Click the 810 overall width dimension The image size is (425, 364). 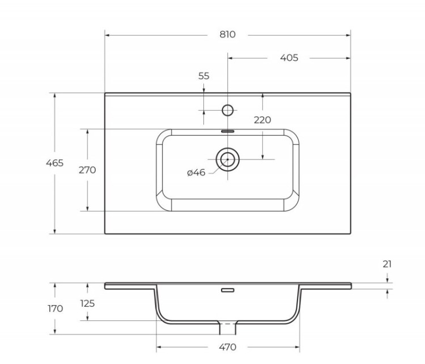click(227, 35)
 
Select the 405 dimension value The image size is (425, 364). click(288, 58)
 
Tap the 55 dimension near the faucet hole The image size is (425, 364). click(204, 76)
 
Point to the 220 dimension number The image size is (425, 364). click(262, 120)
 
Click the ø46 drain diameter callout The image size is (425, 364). click(196, 172)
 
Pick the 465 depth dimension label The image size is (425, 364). click(54, 163)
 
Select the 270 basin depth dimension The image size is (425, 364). click(87, 170)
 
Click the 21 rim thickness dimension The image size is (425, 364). click(387, 264)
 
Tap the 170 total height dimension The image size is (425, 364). click(55, 308)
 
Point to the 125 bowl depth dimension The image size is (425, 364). click(87, 303)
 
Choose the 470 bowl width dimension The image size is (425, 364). click(227, 346)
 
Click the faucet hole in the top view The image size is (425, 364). click(228, 110)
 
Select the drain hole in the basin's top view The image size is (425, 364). click(228, 159)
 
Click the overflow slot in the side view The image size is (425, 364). click(228, 290)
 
